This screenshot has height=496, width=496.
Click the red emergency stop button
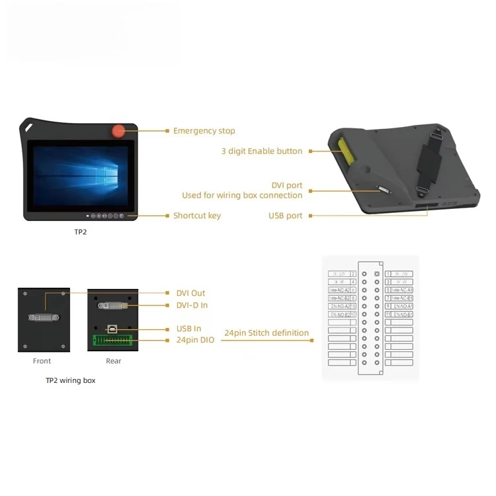pos(120,130)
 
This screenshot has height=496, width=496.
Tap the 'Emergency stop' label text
pos(204,131)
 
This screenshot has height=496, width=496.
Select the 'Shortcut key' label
pos(197,216)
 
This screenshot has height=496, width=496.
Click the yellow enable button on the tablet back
pos(345,152)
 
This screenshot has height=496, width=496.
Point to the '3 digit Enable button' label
pos(261,151)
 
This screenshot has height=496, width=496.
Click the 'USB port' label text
pos(285,216)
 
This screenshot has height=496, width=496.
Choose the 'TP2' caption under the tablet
pos(80,232)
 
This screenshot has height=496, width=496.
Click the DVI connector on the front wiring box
pos(44,318)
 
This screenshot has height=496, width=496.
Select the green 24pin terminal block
pos(112,341)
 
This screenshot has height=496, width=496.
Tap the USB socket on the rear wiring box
pos(112,329)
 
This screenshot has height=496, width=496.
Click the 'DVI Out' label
pos(190,293)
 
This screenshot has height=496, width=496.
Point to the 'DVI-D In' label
pos(192,305)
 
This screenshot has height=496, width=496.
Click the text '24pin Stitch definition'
pos(267,333)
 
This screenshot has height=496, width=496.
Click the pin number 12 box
pos(353,314)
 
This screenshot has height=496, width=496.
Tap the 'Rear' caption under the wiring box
pos(113,361)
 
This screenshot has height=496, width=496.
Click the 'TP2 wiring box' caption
pos(70,380)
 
